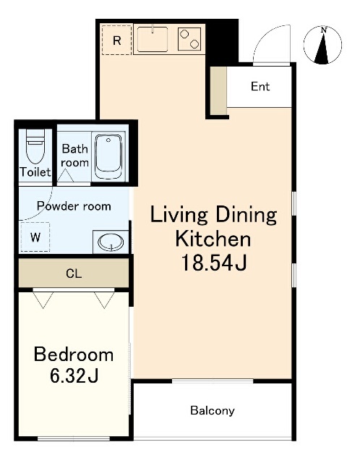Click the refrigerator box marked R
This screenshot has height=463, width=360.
116,41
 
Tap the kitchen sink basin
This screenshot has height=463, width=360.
153,40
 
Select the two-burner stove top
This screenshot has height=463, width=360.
189,38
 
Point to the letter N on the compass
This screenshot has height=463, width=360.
324,30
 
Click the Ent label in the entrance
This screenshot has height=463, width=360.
260,86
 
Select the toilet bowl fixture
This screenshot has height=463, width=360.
35,146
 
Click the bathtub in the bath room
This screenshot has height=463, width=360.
108,157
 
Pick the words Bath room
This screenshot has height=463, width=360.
75,156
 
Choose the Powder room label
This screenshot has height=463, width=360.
74,205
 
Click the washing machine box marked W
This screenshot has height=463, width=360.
35,237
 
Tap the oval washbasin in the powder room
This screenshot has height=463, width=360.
111,242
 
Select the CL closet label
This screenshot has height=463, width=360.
74,273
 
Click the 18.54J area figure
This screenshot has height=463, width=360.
214,263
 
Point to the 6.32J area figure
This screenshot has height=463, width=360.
74,376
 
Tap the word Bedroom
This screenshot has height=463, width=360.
74,354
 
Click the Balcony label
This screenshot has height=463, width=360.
213,410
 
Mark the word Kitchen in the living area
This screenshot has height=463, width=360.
213,239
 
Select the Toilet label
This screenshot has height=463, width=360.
35,172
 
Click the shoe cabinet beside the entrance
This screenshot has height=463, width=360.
218,90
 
